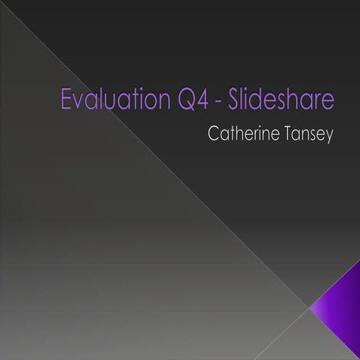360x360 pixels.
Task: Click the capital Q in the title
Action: [187, 99]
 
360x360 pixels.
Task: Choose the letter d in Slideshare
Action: [259, 99]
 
